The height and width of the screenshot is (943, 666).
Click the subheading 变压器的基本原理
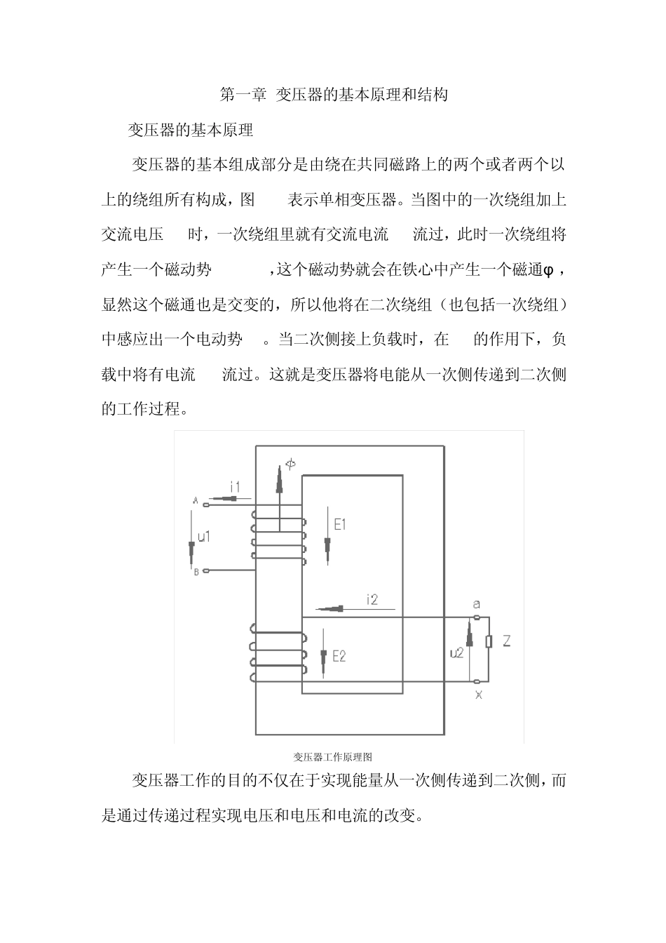tap(190, 131)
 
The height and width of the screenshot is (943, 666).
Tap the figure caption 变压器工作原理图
tap(332, 756)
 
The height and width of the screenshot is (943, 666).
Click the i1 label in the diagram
tap(236, 487)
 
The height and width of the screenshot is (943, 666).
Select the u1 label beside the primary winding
tap(204, 537)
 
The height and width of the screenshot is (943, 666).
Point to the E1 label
tap(340, 523)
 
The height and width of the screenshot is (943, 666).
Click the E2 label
tap(339, 657)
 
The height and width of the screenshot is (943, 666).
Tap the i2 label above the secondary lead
tap(372, 598)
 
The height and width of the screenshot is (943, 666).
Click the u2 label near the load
tap(456, 653)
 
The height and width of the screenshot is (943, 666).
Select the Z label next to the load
tap(506, 641)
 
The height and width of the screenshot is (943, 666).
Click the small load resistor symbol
tap(489, 641)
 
